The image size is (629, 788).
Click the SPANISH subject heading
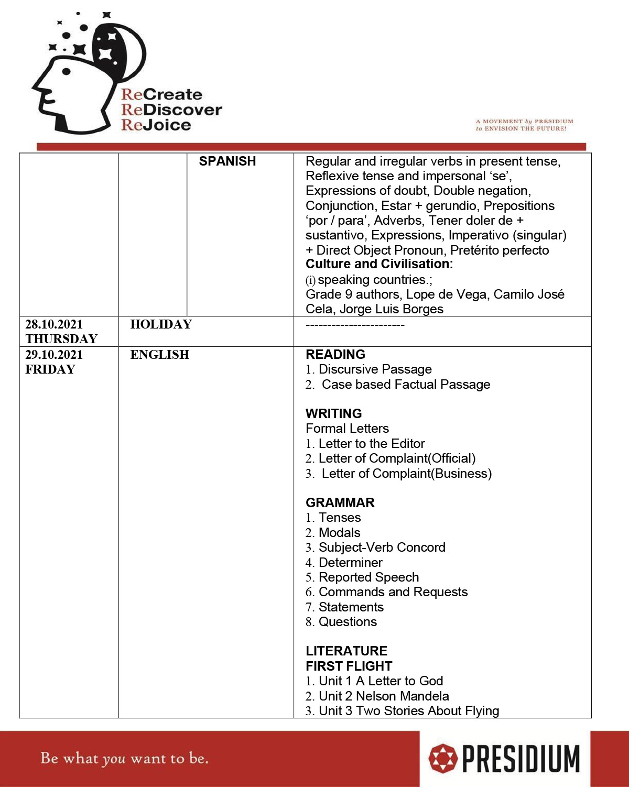coord(227,161)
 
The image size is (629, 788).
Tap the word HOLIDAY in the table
coord(161,324)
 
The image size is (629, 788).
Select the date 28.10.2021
coord(54,324)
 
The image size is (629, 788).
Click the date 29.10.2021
coord(54,355)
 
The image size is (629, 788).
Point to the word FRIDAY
coord(50,369)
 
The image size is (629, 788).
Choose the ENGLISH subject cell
coord(159,355)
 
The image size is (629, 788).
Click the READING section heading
coord(335,355)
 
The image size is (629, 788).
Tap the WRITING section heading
coord(334,413)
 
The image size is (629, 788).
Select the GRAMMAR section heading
coord(340,502)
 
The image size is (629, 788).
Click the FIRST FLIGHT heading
coord(349,666)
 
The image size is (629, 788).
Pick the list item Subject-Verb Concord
coord(382,548)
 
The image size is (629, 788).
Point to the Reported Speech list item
coord(368,577)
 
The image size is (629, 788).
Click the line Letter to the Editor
coord(371,444)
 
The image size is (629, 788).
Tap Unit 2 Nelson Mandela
coord(384,696)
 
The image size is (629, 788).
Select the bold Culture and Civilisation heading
coord(379,264)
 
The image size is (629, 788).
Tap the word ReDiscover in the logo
coord(171,110)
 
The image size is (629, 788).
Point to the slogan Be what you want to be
coord(124,758)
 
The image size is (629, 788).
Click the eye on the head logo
coord(67,72)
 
